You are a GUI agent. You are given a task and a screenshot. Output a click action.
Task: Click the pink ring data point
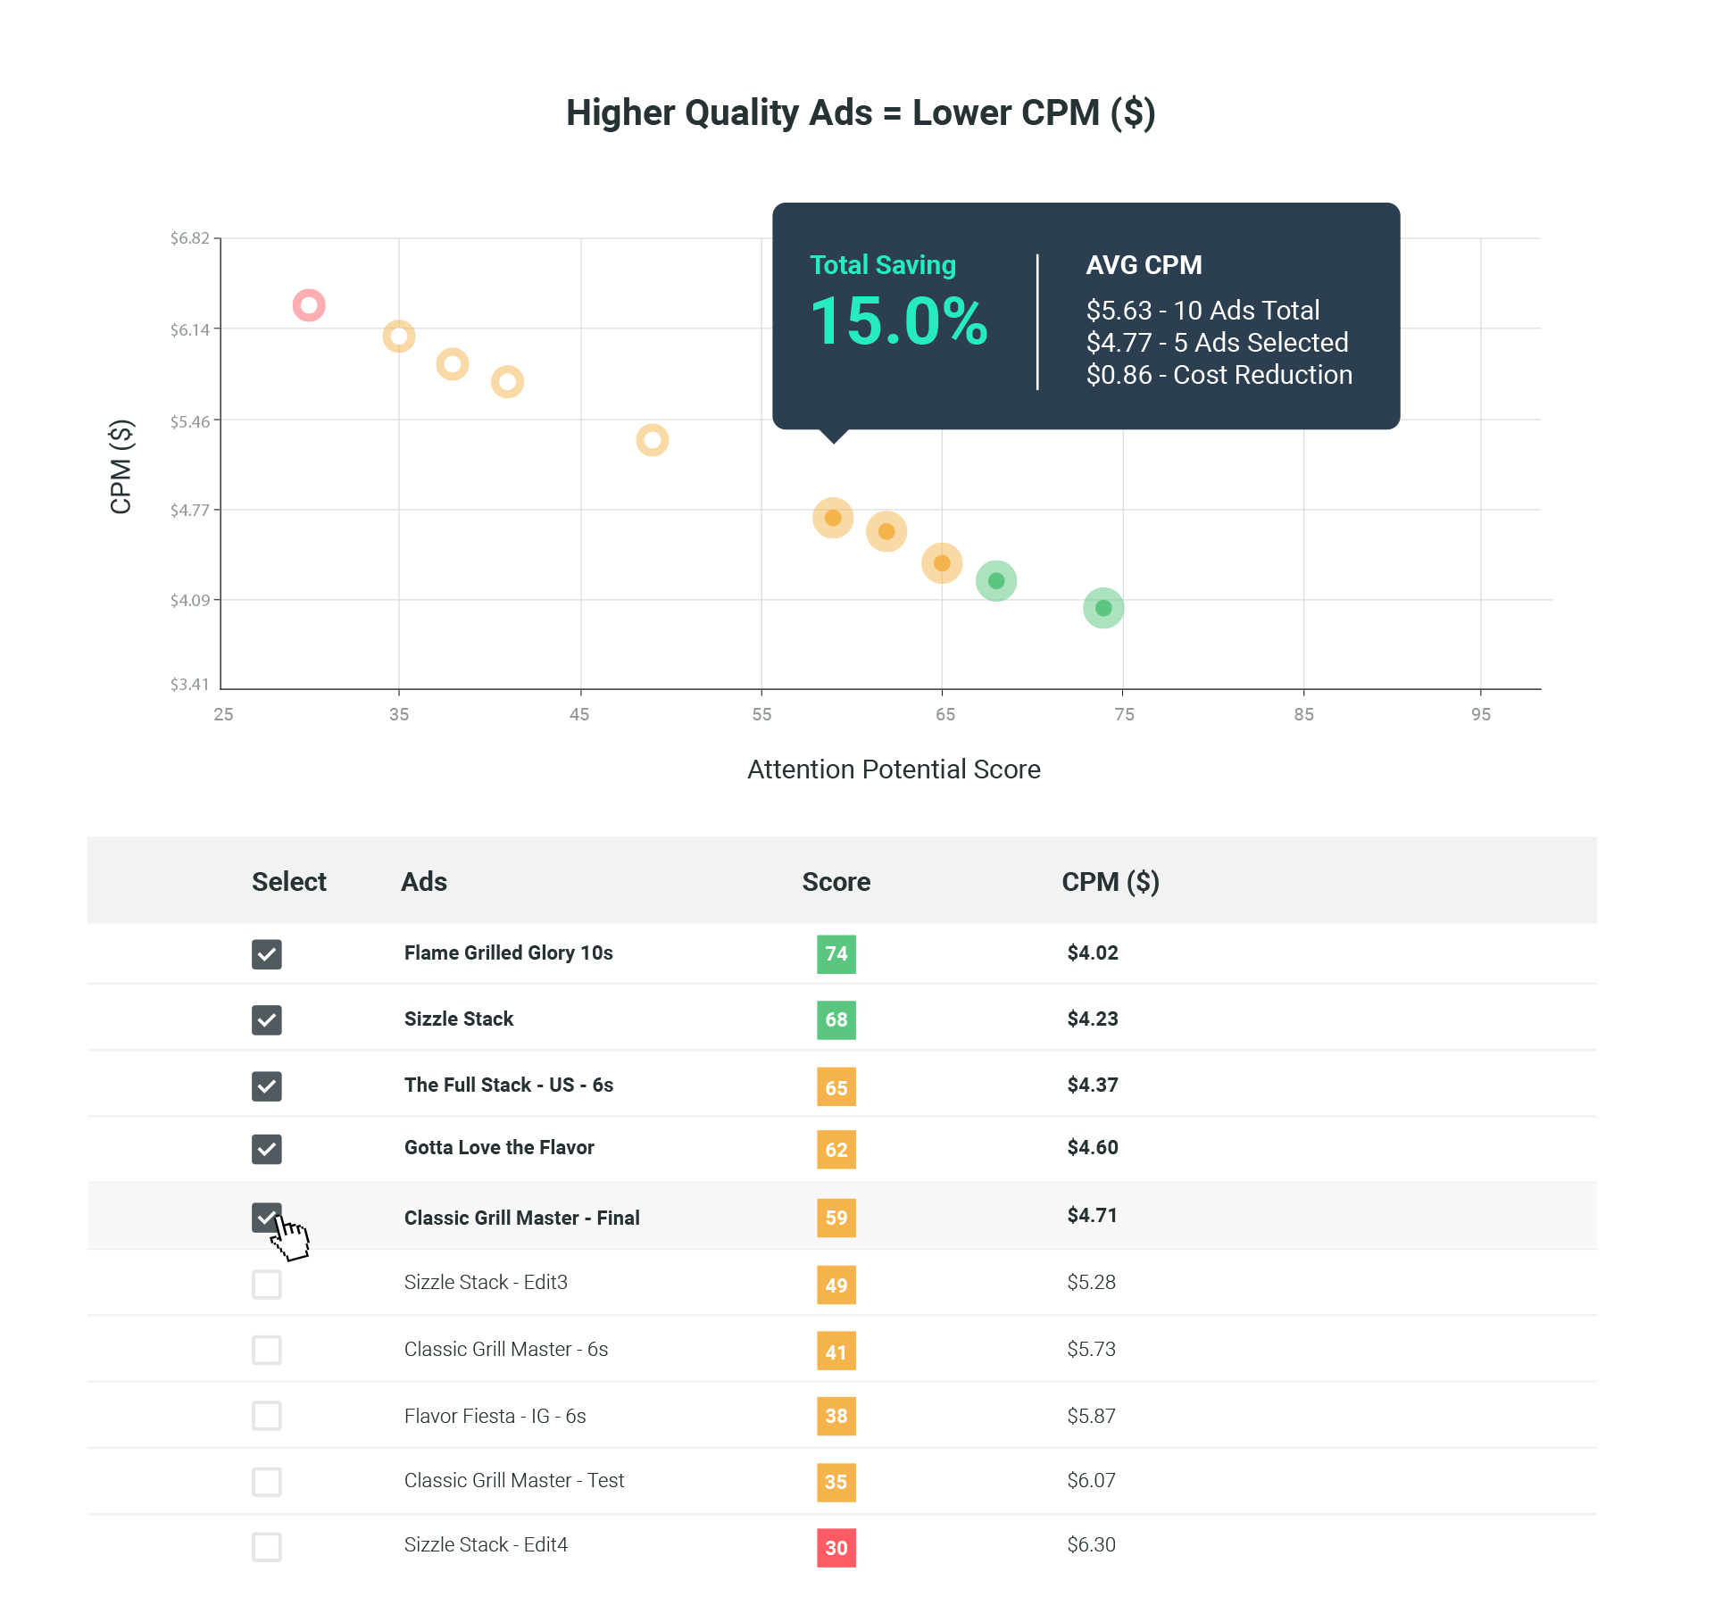309,306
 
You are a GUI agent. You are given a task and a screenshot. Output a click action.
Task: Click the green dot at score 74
1103,608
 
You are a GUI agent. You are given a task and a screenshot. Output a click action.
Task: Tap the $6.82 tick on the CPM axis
189,238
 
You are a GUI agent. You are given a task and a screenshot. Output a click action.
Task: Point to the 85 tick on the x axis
1303,714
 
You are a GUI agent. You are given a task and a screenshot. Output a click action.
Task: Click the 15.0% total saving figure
898,321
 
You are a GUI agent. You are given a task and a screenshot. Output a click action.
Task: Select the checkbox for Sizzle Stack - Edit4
267,1547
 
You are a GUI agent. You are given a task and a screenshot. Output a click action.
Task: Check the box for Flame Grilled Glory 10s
267,954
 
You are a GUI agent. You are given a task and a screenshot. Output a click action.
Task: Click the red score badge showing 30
836,1548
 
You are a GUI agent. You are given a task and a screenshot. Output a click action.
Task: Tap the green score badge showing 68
836,1019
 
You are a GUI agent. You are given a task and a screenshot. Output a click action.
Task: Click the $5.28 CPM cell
1091,1283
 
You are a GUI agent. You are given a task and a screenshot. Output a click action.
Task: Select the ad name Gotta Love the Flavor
499,1148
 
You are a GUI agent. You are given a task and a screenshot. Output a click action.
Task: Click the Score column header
836,882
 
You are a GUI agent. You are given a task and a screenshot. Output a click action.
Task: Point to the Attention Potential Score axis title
894,769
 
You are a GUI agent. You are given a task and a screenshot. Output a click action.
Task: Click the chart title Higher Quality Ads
861,113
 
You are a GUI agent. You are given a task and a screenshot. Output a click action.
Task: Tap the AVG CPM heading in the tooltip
1144,265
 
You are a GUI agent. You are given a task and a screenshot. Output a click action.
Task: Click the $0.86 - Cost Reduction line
1219,375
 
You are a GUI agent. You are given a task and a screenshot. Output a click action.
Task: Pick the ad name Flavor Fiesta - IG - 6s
495,1417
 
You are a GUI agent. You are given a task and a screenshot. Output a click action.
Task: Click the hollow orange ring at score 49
653,440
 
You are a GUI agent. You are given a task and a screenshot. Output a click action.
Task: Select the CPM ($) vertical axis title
121,466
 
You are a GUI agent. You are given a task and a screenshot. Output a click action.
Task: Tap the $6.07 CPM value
1091,1481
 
